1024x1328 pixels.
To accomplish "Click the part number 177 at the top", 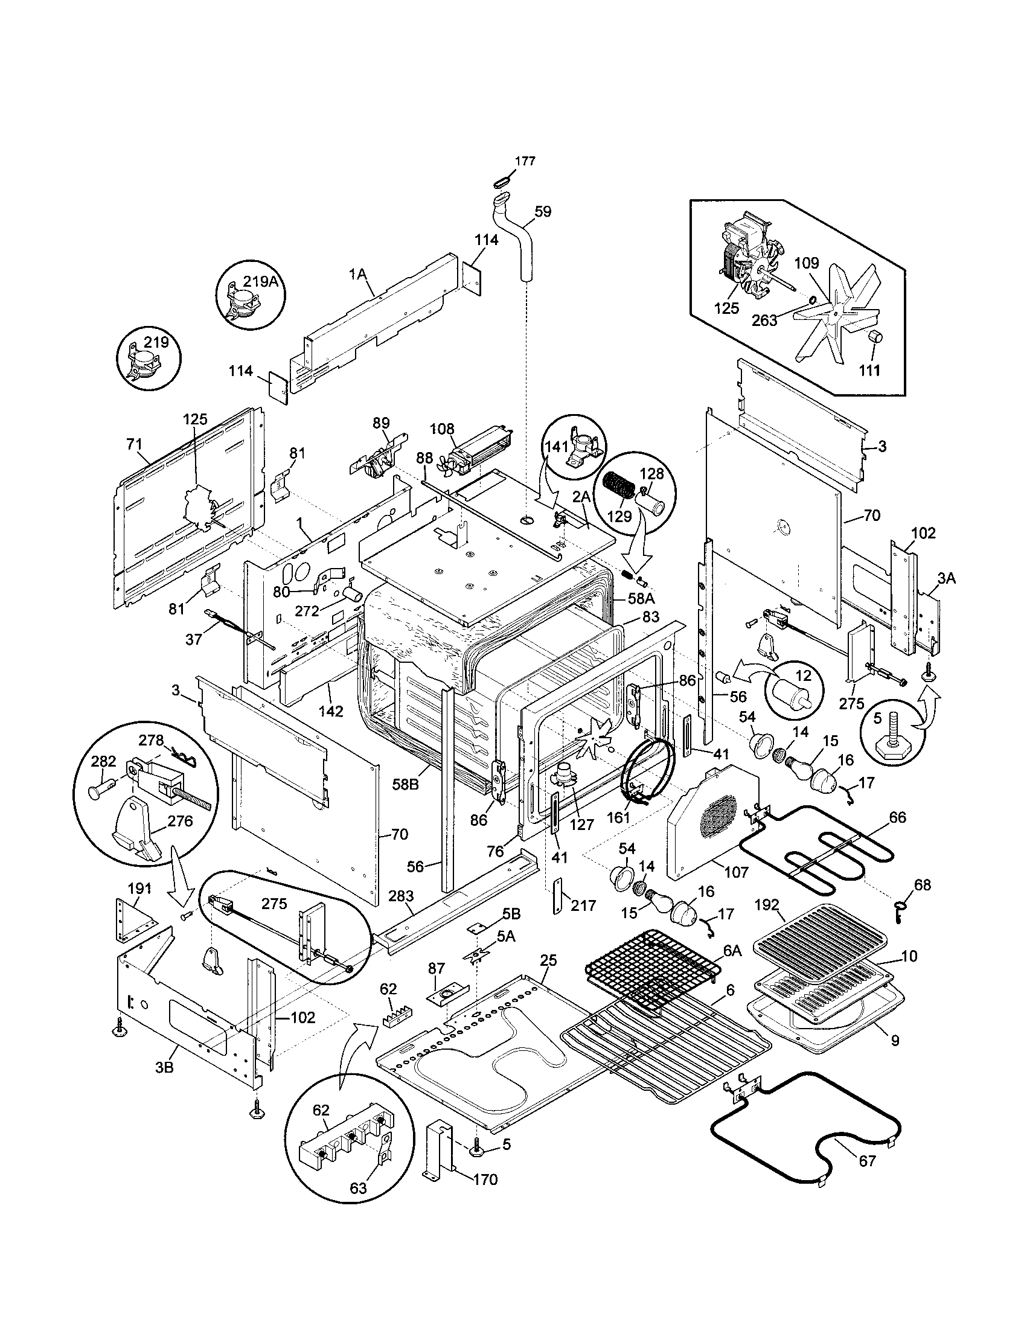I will pyautogui.click(x=525, y=161).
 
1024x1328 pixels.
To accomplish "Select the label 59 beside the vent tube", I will pyautogui.click(x=542, y=212).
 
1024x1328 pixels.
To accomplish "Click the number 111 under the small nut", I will pyautogui.click(x=869, y=369).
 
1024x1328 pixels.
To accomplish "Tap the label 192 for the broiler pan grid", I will pyautogui.click(x=767, y=904).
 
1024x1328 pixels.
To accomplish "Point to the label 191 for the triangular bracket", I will pyautogui.click(x=139, y=889).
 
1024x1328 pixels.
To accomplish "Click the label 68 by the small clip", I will pyautogui.click(x=923, y=885).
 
